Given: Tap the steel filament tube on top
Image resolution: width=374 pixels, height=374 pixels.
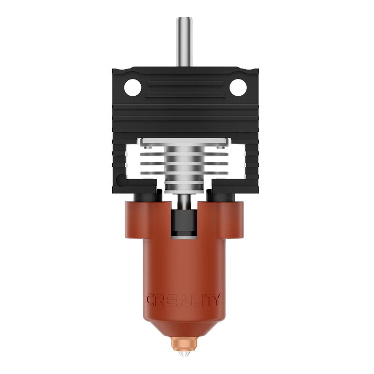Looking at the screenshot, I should (182, 42).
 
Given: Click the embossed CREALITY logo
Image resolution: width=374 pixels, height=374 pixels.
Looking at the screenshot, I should (183, 300).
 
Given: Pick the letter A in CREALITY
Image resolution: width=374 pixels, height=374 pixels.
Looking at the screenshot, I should (183, 300).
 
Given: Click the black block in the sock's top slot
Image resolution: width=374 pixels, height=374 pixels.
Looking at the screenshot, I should (183, 223).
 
